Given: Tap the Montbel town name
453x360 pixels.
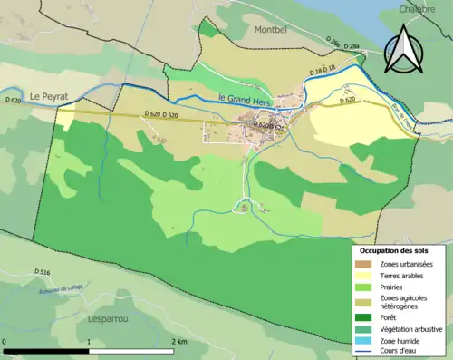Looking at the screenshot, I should pyautogui.click(x=273, y=30).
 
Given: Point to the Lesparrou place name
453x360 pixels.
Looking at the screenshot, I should pyautogui.click(x=94, y=319).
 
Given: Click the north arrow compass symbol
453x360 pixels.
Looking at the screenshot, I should pyautogui.click(x=402, y=49).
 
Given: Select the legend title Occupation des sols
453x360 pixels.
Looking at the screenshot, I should pyautogui.click(x=395, y=249).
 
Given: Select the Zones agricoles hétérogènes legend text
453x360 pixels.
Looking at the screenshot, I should pyautogui.click(x=404, y=302).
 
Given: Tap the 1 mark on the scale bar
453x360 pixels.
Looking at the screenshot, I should pyautogui.click(x=89, y=342).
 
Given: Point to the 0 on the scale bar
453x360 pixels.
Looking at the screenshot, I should pyautogui.click(x=5, y=342).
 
